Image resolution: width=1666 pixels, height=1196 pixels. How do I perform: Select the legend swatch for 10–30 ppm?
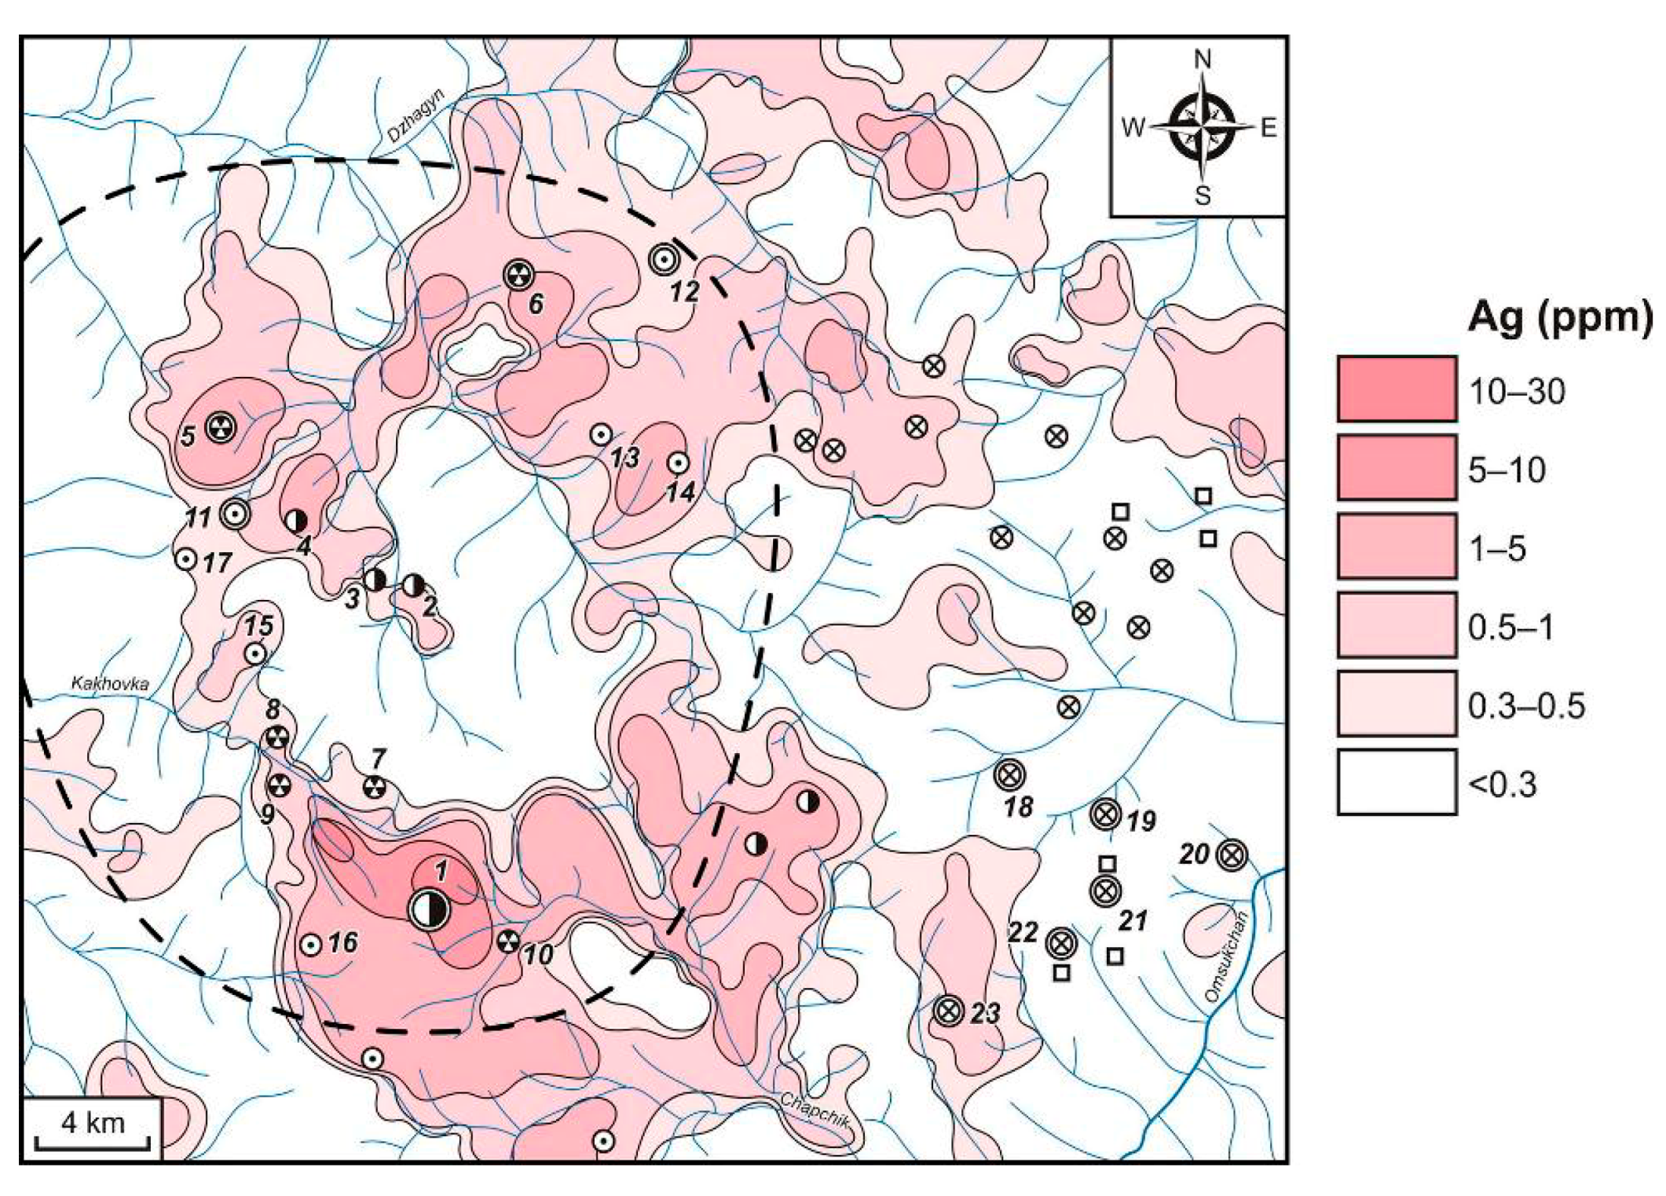[x=1397, y=390]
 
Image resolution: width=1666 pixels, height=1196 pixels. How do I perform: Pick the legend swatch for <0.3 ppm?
[x=1397, y=782]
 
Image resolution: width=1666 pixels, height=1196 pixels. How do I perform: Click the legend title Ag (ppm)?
[x=1559, y=319]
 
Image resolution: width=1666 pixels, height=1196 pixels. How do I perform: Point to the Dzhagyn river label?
[x=416, y=115]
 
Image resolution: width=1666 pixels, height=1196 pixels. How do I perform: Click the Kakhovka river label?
[x=110, y=683]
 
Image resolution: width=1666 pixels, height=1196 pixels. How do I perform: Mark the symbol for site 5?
[x=221, y=427]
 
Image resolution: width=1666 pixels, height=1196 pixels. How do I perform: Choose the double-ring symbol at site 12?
[x=664, y=259]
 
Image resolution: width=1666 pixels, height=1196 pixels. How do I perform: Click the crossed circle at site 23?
[x=949, y=1011]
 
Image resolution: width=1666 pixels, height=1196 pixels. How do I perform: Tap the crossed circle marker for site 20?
[x=1231, y=854]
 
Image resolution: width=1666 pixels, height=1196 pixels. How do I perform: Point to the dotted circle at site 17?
[x=185, y=560]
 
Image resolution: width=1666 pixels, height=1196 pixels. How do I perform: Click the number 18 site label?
[x=1018, y=806]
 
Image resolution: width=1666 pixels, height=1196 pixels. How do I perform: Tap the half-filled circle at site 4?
[x=295, y=520]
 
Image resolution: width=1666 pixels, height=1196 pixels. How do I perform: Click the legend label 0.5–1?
[x=1510, y=627]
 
